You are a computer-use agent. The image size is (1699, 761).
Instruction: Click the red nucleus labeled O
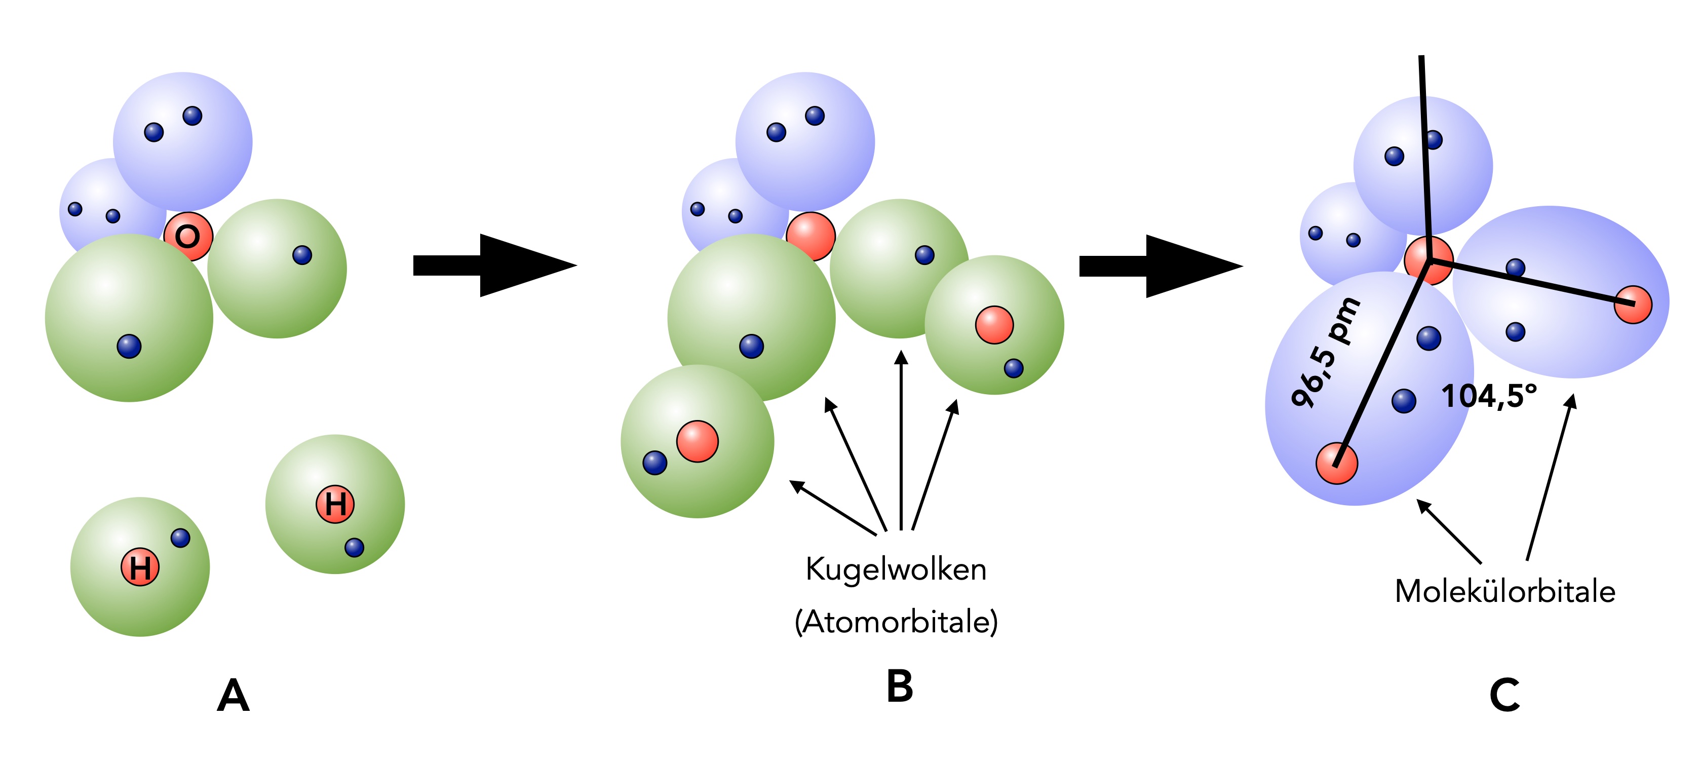tap(188, 236)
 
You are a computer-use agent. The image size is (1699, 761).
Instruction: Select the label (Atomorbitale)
tap(896, 622)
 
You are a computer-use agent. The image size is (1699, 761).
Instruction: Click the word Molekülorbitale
tap(1504, 591)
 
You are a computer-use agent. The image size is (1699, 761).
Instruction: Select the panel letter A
tap(233, 696)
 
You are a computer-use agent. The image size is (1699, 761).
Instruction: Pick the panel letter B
tap(900, 687)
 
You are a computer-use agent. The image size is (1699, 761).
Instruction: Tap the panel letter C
tap(1504, 695)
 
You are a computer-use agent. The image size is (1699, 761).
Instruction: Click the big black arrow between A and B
tap(495, 265)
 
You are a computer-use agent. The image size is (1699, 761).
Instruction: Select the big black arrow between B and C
tap(1161, 266)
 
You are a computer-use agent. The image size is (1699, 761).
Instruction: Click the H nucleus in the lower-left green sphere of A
tap(140, 567)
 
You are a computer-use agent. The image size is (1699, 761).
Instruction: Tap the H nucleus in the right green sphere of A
tap(335, 505)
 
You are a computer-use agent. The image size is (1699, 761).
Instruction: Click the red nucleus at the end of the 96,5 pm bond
tap(1336, 464)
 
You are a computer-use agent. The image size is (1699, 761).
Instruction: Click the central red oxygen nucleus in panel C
tap(1428, 260)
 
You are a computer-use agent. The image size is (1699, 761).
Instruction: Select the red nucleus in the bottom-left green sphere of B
tap(697, 441)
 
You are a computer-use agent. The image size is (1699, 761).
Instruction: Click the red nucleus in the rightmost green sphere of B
tap(994, 324)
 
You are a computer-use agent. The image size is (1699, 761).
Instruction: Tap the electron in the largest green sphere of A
tap(129, 346)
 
